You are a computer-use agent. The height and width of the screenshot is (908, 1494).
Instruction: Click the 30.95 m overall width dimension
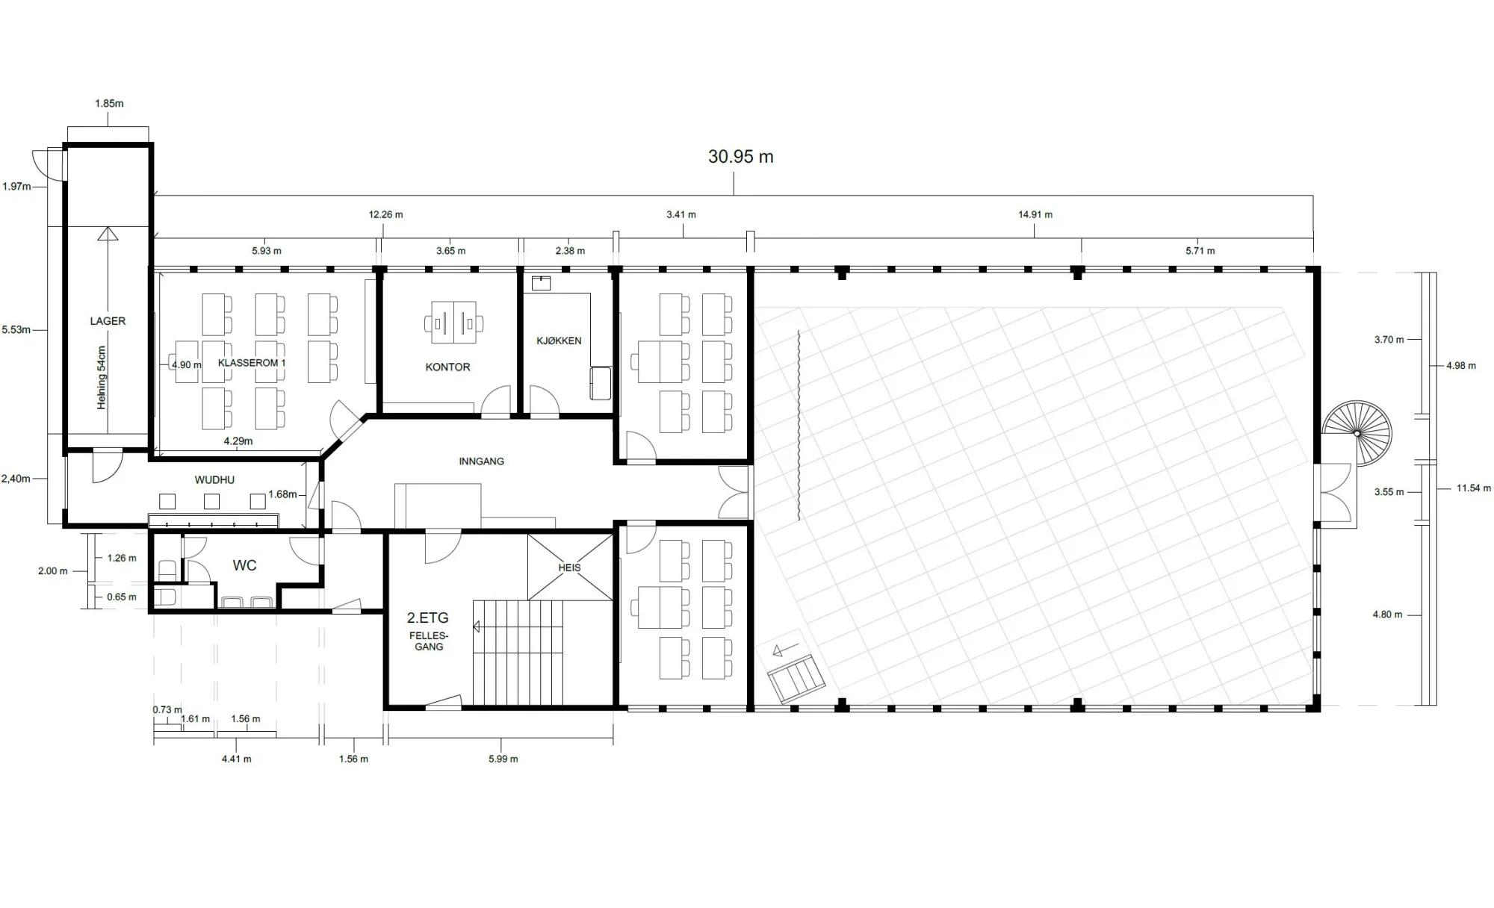(740, 157)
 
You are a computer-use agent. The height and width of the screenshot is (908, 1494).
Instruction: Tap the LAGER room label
(108, 321)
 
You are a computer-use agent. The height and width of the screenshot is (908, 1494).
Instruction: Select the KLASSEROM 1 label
(252, 363)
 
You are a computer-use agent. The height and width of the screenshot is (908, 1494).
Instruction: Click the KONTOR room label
(447, 367)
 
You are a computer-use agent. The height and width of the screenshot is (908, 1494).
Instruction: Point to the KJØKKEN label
(559, 340)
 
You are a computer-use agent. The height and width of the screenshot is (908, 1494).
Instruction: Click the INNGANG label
(481, 461)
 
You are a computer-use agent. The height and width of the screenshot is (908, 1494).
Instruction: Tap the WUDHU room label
(214, 480)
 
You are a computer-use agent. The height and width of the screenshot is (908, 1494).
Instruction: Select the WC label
(244, 566)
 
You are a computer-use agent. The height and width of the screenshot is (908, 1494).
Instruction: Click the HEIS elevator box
(570, 567)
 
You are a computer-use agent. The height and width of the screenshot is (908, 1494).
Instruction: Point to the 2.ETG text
(427, 618)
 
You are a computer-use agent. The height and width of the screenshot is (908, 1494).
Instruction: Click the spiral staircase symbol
(1357, 433)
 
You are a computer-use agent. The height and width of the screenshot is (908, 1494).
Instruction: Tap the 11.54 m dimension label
(1473, 488)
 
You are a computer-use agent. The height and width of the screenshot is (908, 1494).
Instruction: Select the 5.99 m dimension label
(503, 759)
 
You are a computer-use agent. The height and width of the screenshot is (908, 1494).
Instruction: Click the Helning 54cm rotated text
(102, 377)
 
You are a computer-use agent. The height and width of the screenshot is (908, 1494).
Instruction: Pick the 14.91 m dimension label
(1035, 215)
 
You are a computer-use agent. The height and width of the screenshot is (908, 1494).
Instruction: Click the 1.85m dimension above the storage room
(109, 104)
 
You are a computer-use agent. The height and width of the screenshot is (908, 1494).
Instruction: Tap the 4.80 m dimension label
(1387, 615)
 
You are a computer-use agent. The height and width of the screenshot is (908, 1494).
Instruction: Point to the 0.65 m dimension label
(121, 597)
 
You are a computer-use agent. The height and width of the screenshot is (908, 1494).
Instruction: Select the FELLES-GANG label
(429, 641)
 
